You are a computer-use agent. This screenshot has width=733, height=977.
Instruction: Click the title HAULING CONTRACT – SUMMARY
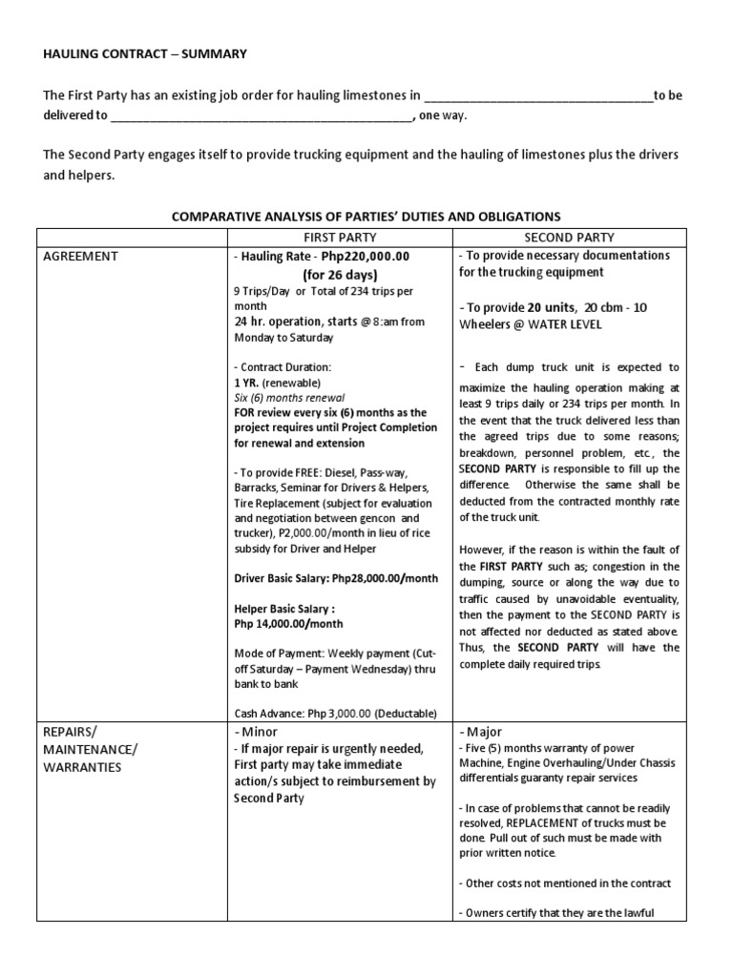pyautogui.click(x=145, y=54)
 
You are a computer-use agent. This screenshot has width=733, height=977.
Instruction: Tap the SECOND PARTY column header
pyautogui.click(x=570, y=237)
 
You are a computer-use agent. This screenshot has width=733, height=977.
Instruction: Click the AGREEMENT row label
pyautogui.click(x=80, y=257)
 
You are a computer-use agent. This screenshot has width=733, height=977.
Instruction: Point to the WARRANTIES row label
pyautogui.click(x=81, y=766)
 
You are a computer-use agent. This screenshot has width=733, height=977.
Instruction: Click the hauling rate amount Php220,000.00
pyautogui.click(x=366, y=257)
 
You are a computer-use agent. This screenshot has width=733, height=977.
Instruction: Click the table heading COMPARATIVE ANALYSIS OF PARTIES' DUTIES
pyautogui.click(x=366, y=217)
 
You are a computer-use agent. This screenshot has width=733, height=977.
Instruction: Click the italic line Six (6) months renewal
pyautogui.click(x=288, y=397)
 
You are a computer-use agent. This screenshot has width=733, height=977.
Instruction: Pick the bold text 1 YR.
pyautogui.click(x=245, y=382)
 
